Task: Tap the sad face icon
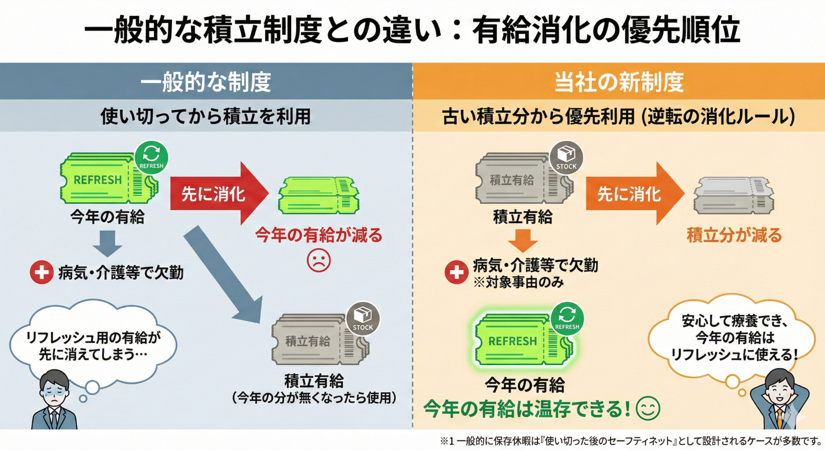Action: tap(318, 261)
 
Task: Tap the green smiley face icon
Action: tap(648, 408)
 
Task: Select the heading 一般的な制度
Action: tap(206, 82)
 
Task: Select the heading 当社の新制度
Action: tap(619, 82)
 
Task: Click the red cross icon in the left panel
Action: tap(42, 272)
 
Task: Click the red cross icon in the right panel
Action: tap(456, 272)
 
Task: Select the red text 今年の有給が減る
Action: tap(318, 235)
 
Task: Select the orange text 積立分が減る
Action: tap(734, 235)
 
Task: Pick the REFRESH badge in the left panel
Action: tap(151, 157)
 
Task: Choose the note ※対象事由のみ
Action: tap(519, 283)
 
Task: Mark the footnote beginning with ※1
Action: tap(631, 441)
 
